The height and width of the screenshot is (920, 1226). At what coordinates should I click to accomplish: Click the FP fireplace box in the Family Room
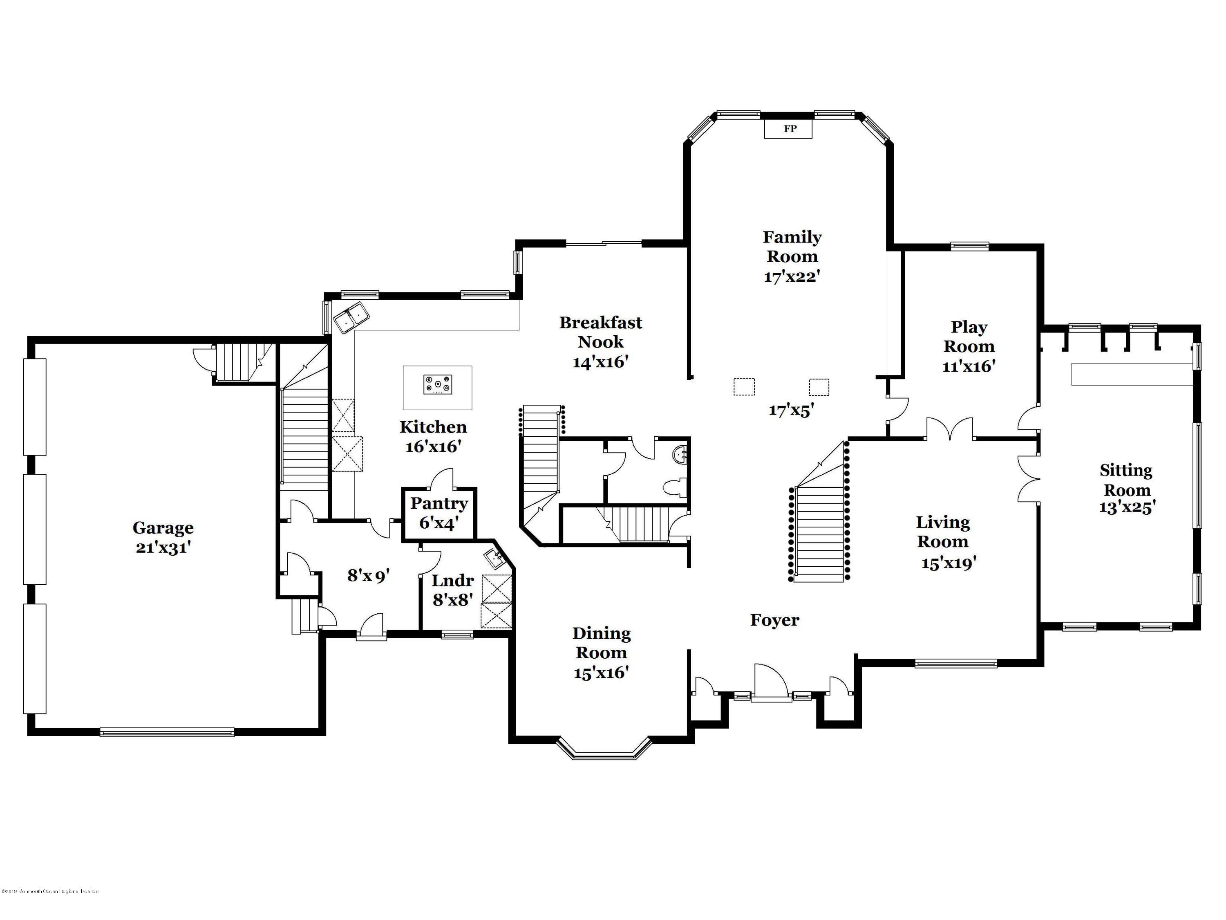point(789,129)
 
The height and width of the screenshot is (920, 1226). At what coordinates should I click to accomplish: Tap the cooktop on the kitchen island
point(437,384)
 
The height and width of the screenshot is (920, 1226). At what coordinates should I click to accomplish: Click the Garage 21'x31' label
point(163,537)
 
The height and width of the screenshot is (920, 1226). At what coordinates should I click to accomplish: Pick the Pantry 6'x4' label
point(438,513)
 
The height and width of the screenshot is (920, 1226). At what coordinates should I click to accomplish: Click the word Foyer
point(774,620)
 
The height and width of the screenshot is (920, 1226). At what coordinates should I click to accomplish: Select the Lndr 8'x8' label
point(452,590)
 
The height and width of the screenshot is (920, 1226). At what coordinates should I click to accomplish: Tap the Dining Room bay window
point(603,749)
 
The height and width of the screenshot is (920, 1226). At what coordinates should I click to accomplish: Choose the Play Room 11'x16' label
point(969,346)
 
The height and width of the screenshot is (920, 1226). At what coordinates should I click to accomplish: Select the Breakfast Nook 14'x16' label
point(600,341)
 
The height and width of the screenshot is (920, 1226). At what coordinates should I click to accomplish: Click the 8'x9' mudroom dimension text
point(369,576)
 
